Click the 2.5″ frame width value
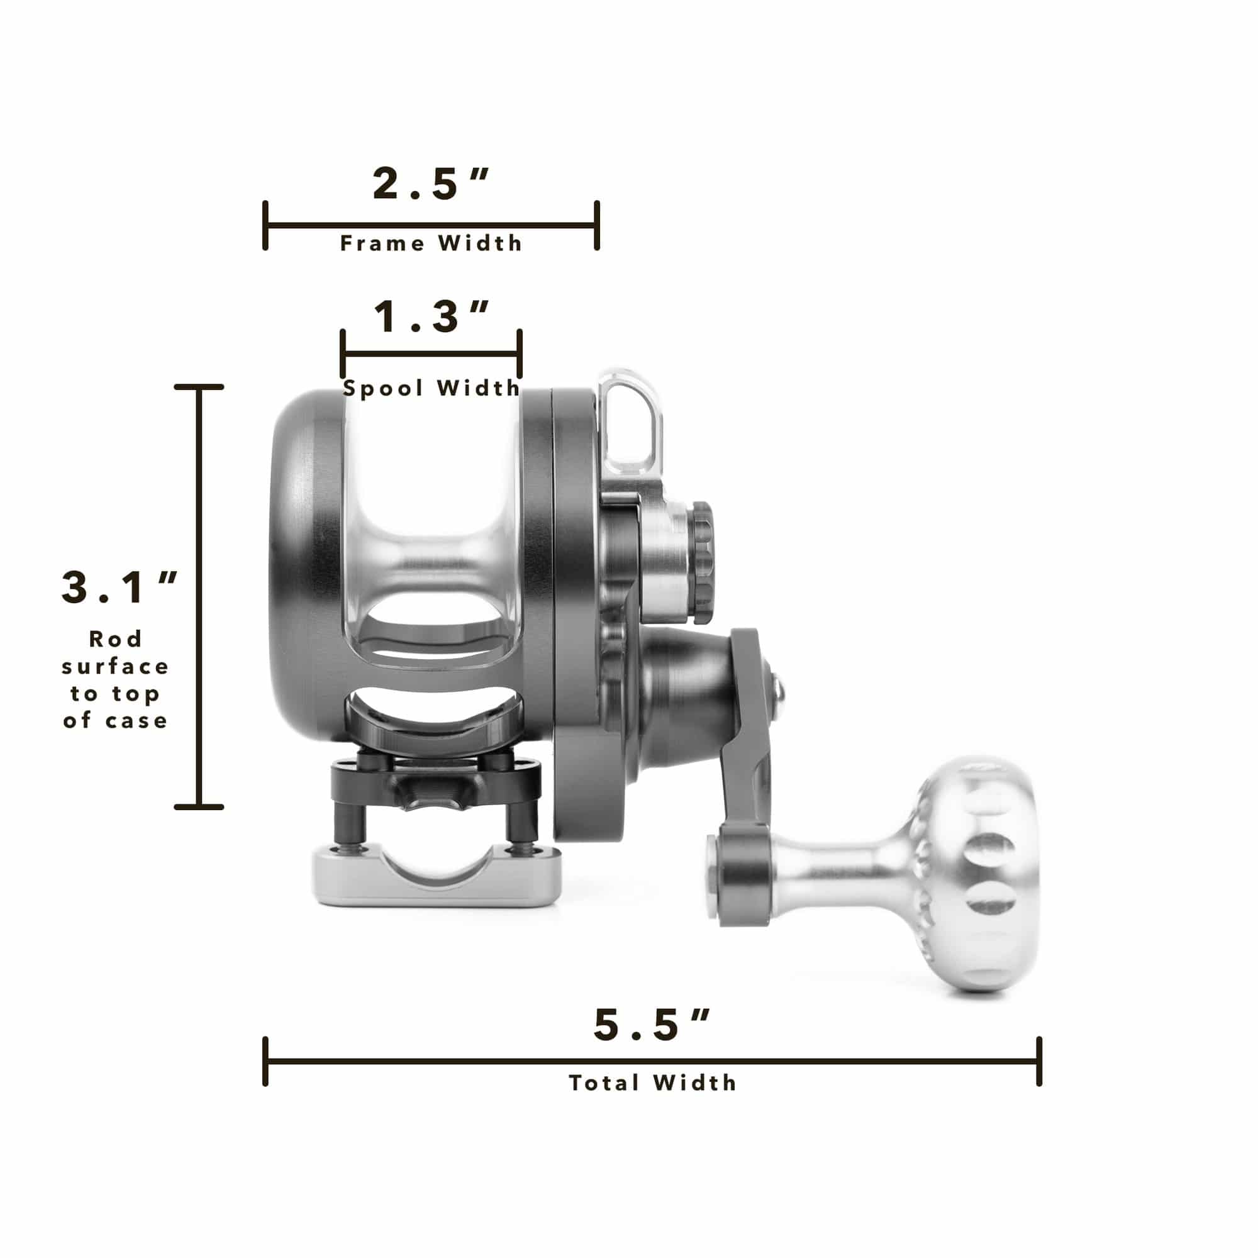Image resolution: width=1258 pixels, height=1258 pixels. (x=430, y=184)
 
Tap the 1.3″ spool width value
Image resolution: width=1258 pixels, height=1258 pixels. (x=430, y=317)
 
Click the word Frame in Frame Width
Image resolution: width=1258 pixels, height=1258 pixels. (x=382, y=243)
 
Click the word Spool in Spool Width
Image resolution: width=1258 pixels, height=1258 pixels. (x=383, y=389)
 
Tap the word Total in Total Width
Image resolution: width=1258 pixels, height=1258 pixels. (x=604, y=1083)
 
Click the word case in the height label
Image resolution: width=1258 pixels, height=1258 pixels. (x=136, y=721)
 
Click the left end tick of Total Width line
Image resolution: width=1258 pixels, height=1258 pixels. (x=265, y=1061)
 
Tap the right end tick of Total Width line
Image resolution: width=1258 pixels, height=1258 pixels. (x=1039, y=1061)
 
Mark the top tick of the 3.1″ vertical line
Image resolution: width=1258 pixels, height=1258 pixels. (x=199, y=387)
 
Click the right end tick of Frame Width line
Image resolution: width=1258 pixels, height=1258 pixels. (x=596, y=226)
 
